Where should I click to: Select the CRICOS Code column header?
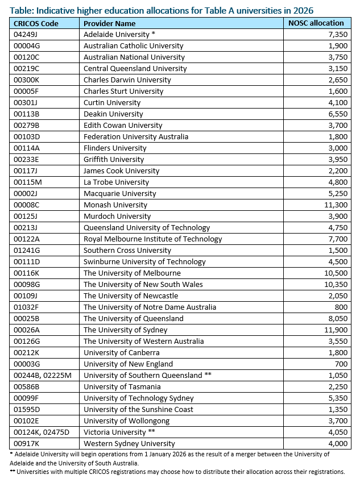[x=35, y=23]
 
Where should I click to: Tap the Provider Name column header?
[x=109, y=23]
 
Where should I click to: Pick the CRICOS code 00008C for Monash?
[x=24, y=205]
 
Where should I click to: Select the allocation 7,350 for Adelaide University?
[x=335, y=34]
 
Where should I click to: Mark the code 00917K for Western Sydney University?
[x=24, y=443]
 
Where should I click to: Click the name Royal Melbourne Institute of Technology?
[x=152, y=239]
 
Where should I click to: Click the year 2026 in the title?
[x=303, y=10]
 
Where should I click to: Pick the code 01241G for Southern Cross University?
[x=24, y=250]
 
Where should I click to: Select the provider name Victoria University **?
[x=118, y=432]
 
